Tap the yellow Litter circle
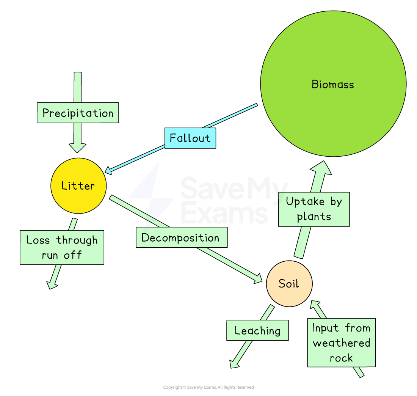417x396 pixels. tap(78, 185)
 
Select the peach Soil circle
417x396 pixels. tap(289, 283)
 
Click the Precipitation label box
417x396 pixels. tap(78, 113)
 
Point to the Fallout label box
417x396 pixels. tap(190, 138)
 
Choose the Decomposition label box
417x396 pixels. tap(181, 237)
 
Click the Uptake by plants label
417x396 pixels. tap(314, 209)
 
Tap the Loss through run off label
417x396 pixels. tap(62, 247)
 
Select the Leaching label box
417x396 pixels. tap(257, 330)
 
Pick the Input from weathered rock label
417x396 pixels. tap(341, 343)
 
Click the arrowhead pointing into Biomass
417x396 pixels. tap(323, 168)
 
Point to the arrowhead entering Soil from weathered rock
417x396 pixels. tap(315, 305)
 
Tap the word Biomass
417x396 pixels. tap(332, 84)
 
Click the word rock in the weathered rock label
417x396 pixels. tap(341, 358)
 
